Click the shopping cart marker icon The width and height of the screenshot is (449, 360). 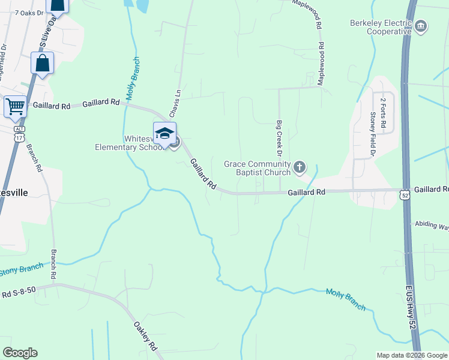(x=15, y=107)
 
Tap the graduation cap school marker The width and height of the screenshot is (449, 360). (x=164, y=134)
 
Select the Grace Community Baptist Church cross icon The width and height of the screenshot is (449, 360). (x=300, y=166)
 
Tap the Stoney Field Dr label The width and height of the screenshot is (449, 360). (x=372, y=131)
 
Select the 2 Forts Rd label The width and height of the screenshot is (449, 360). (x=382, y=112)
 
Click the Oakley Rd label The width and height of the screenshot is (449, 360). (x=145, y=338)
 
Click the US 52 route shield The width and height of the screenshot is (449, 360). (x=406, y=194)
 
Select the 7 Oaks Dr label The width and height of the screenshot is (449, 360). (x=30, y=13)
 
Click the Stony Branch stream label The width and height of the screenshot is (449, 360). (x=21, y=270)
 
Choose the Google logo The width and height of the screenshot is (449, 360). (x=20, y=353)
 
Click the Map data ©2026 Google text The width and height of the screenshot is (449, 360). (x=412, y=355)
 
